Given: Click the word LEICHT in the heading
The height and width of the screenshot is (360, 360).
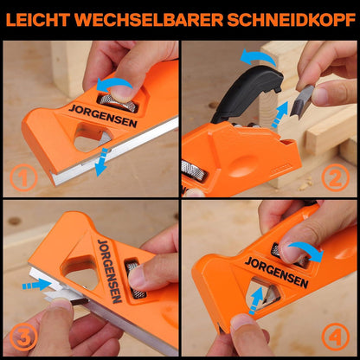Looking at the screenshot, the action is (38, 20).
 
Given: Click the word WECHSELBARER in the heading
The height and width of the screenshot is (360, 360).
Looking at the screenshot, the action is (149, 20).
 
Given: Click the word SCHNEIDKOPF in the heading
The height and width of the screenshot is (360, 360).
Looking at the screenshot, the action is (291, 20).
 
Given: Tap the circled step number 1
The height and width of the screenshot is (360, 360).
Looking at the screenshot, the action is (23, 177).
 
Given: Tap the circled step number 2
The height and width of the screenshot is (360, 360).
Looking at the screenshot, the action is (336, 177).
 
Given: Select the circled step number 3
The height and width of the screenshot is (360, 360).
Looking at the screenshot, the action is (23, 337).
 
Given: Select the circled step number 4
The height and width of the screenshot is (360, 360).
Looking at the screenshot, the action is (336, 337).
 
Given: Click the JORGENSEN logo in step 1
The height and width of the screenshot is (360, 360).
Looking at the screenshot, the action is (103, 116).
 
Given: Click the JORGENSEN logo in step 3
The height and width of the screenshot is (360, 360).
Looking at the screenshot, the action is (110, 271).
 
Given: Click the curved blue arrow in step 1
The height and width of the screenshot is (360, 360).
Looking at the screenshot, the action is (113, 83).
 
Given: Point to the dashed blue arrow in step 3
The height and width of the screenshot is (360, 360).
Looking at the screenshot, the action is (36, 285).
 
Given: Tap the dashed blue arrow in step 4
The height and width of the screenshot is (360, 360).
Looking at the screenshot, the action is (256, 300).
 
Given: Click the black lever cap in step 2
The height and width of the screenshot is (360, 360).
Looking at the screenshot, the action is (245, 93).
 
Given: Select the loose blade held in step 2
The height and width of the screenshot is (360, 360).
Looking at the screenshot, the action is (301, 102).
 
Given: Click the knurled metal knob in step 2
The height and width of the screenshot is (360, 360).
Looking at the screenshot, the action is (194, 171).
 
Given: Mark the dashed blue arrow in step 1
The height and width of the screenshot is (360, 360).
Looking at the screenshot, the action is (101, 162).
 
